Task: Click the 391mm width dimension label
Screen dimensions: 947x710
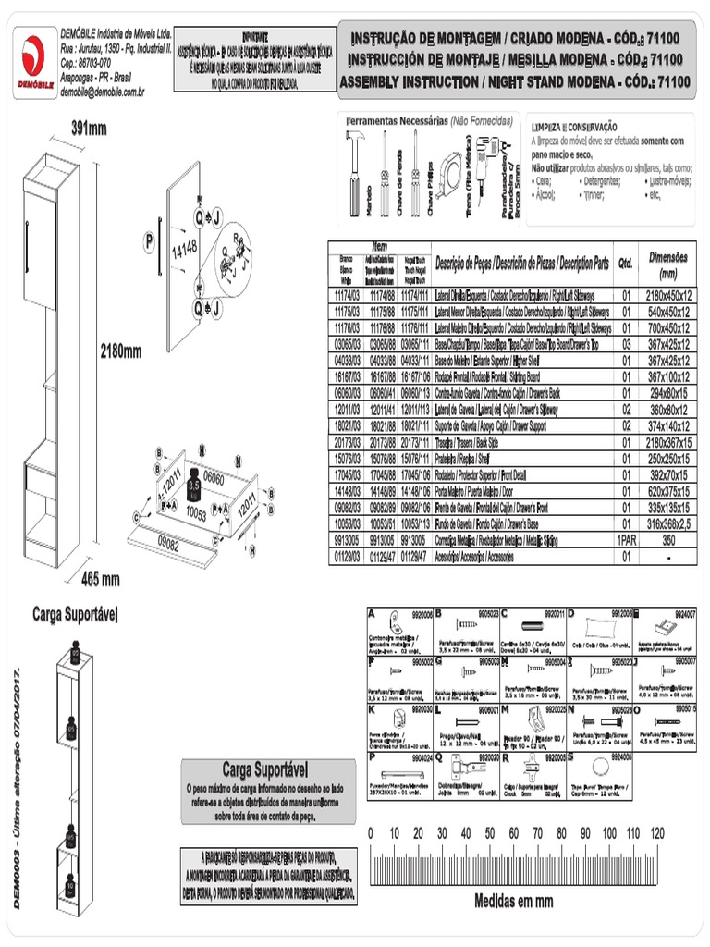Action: tap(89, 129)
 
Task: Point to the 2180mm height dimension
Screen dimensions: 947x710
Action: tap(120, 351)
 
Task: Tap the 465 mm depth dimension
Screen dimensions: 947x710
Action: tap(101, 580)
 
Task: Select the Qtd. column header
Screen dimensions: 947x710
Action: tap(625, 263)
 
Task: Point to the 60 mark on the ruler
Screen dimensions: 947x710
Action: tap(513, 833)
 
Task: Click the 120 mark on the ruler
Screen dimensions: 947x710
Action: tap(656, 833)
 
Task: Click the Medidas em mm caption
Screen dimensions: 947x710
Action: tap(513, 900)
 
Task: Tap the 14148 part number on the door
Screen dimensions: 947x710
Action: tap(185, 249)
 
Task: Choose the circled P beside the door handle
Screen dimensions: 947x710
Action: tap(148, 242)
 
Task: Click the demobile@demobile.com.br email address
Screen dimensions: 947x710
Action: tap(102, 92)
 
